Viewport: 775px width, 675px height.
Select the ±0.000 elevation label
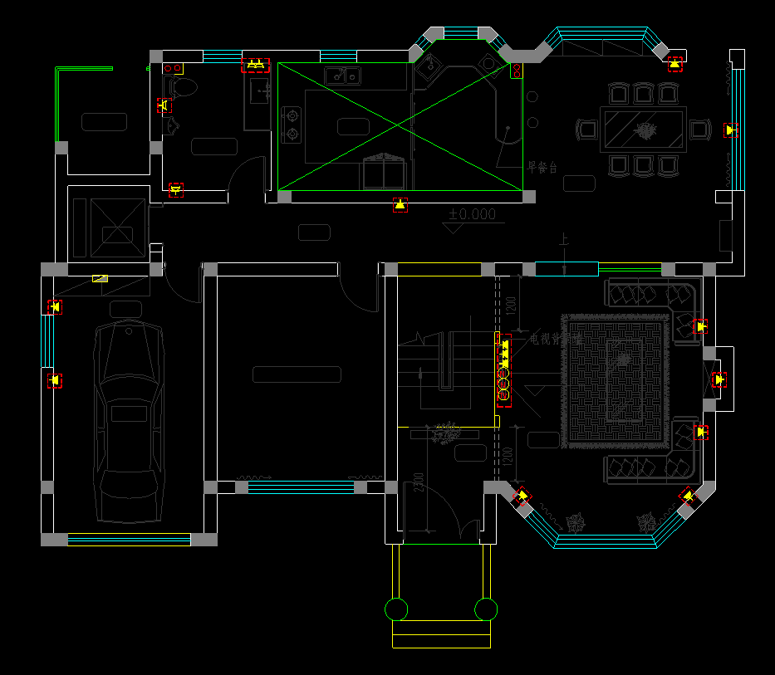[x=472, y=215]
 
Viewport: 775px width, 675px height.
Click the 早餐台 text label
[x=542, y=168]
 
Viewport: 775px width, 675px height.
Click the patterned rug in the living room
[x=616, y=381]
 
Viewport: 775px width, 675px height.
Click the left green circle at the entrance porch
[x=396, y=609]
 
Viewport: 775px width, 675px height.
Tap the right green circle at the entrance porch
[x=485, y=609]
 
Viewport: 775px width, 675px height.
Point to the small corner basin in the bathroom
[x=173, y=125]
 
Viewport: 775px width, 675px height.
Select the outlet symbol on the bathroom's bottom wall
[x=175, y=189]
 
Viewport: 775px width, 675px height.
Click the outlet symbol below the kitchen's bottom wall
[x=400, y=204]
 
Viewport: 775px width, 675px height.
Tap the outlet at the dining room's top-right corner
[x=674, y=63]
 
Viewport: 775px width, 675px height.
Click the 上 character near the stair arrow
[x=565, y=241]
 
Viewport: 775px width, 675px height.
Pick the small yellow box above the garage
[x=100, y=279]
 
